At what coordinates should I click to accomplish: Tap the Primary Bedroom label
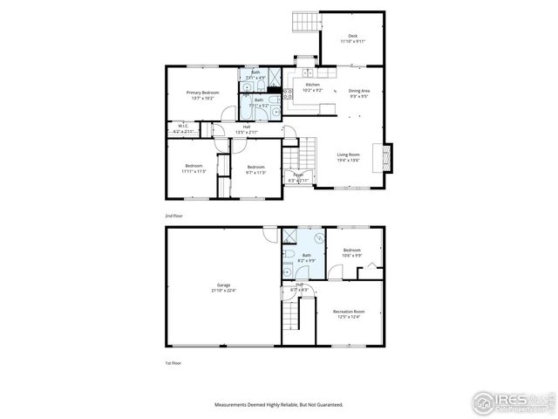[202, 92]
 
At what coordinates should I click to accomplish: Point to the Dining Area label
[359, 91]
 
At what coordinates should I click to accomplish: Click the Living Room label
[349, 155]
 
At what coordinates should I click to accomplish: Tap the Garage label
[224, 285]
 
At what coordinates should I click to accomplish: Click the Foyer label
[298, 175]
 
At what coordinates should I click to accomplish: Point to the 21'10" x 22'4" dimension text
[224, 290]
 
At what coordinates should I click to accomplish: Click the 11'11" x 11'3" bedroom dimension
[194, 171]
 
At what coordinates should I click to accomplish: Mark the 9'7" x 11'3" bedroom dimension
[255, 172]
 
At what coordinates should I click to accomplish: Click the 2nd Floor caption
[174, 214]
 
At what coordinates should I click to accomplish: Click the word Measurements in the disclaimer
[236, 404]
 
